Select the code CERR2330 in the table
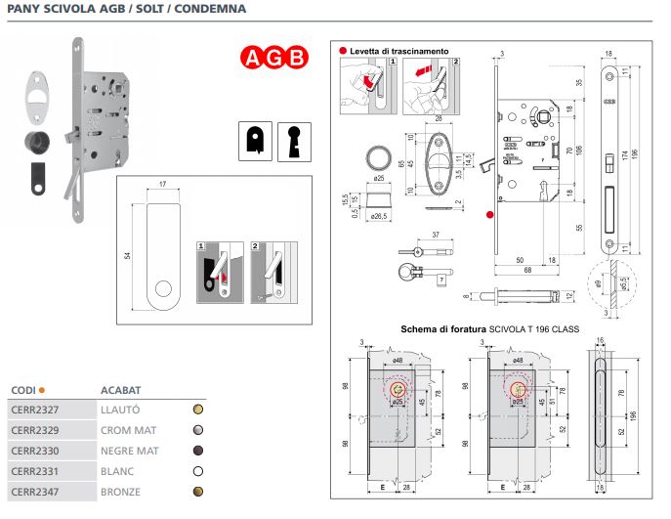(x=34, y=450)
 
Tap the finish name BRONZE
(x=122, y=491)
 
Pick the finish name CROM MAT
(x=128, y=429)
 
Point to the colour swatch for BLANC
(x=198, y=470)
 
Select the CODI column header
(x=24, y=389)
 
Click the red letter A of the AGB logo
(x=252, y=58)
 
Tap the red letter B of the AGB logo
(x=296, y=58)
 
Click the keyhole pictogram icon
(x=292, y=141)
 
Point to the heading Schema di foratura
(x=444, y=329)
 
